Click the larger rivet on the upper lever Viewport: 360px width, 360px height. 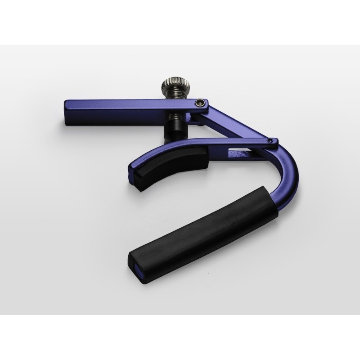click(199, 103)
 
